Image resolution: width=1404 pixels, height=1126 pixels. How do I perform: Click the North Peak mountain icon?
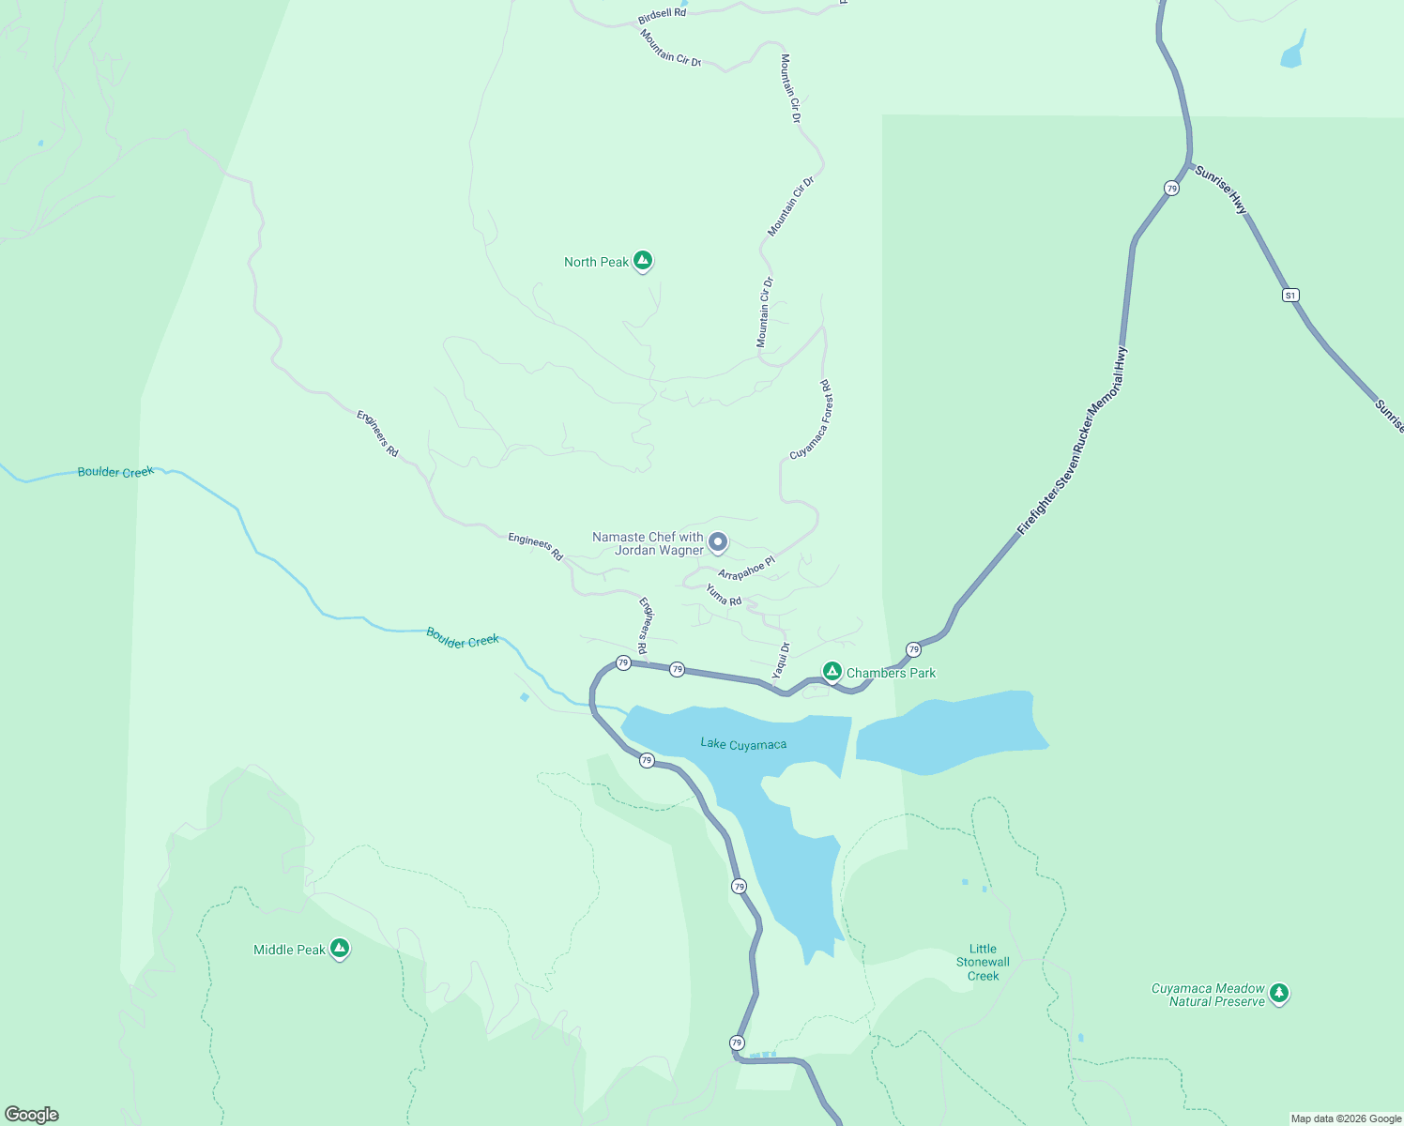(x=643, y=261)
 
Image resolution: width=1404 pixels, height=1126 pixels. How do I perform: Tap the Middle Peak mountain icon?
(x=340, y=949)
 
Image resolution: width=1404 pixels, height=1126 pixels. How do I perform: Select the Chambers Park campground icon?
(x=832, y=671)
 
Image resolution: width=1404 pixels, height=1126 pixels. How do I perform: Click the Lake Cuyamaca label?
(x=743, y=744)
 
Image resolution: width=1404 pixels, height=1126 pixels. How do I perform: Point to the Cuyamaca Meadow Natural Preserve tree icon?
(x=1279, y=993)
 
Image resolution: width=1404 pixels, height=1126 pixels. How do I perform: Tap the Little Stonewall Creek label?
(x=983, y=963)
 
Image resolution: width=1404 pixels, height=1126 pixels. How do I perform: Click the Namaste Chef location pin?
(x=717, y=541)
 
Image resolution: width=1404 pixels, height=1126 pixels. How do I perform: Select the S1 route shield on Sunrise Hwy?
(x=1290, y=296)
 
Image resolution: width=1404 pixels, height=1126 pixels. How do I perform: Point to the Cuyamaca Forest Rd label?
(x=812, y=419)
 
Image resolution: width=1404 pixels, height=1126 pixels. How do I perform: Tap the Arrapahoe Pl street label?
(x=746, y=569)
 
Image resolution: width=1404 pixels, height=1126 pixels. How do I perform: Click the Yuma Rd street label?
(x=724, y=595)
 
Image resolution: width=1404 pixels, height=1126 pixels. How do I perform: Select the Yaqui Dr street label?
(x=781, y=661)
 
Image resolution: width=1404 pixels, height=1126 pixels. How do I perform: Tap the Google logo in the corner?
(x=32, y=1115)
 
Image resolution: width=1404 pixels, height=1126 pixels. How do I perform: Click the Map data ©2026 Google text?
(x=1345, y=1118)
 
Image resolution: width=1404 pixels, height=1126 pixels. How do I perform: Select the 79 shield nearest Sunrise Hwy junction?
(x=1171, y=189)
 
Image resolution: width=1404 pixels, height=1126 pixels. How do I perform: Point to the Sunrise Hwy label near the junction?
(x=1221, y=190)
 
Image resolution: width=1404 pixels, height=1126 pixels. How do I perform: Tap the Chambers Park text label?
(x=891, y=673)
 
